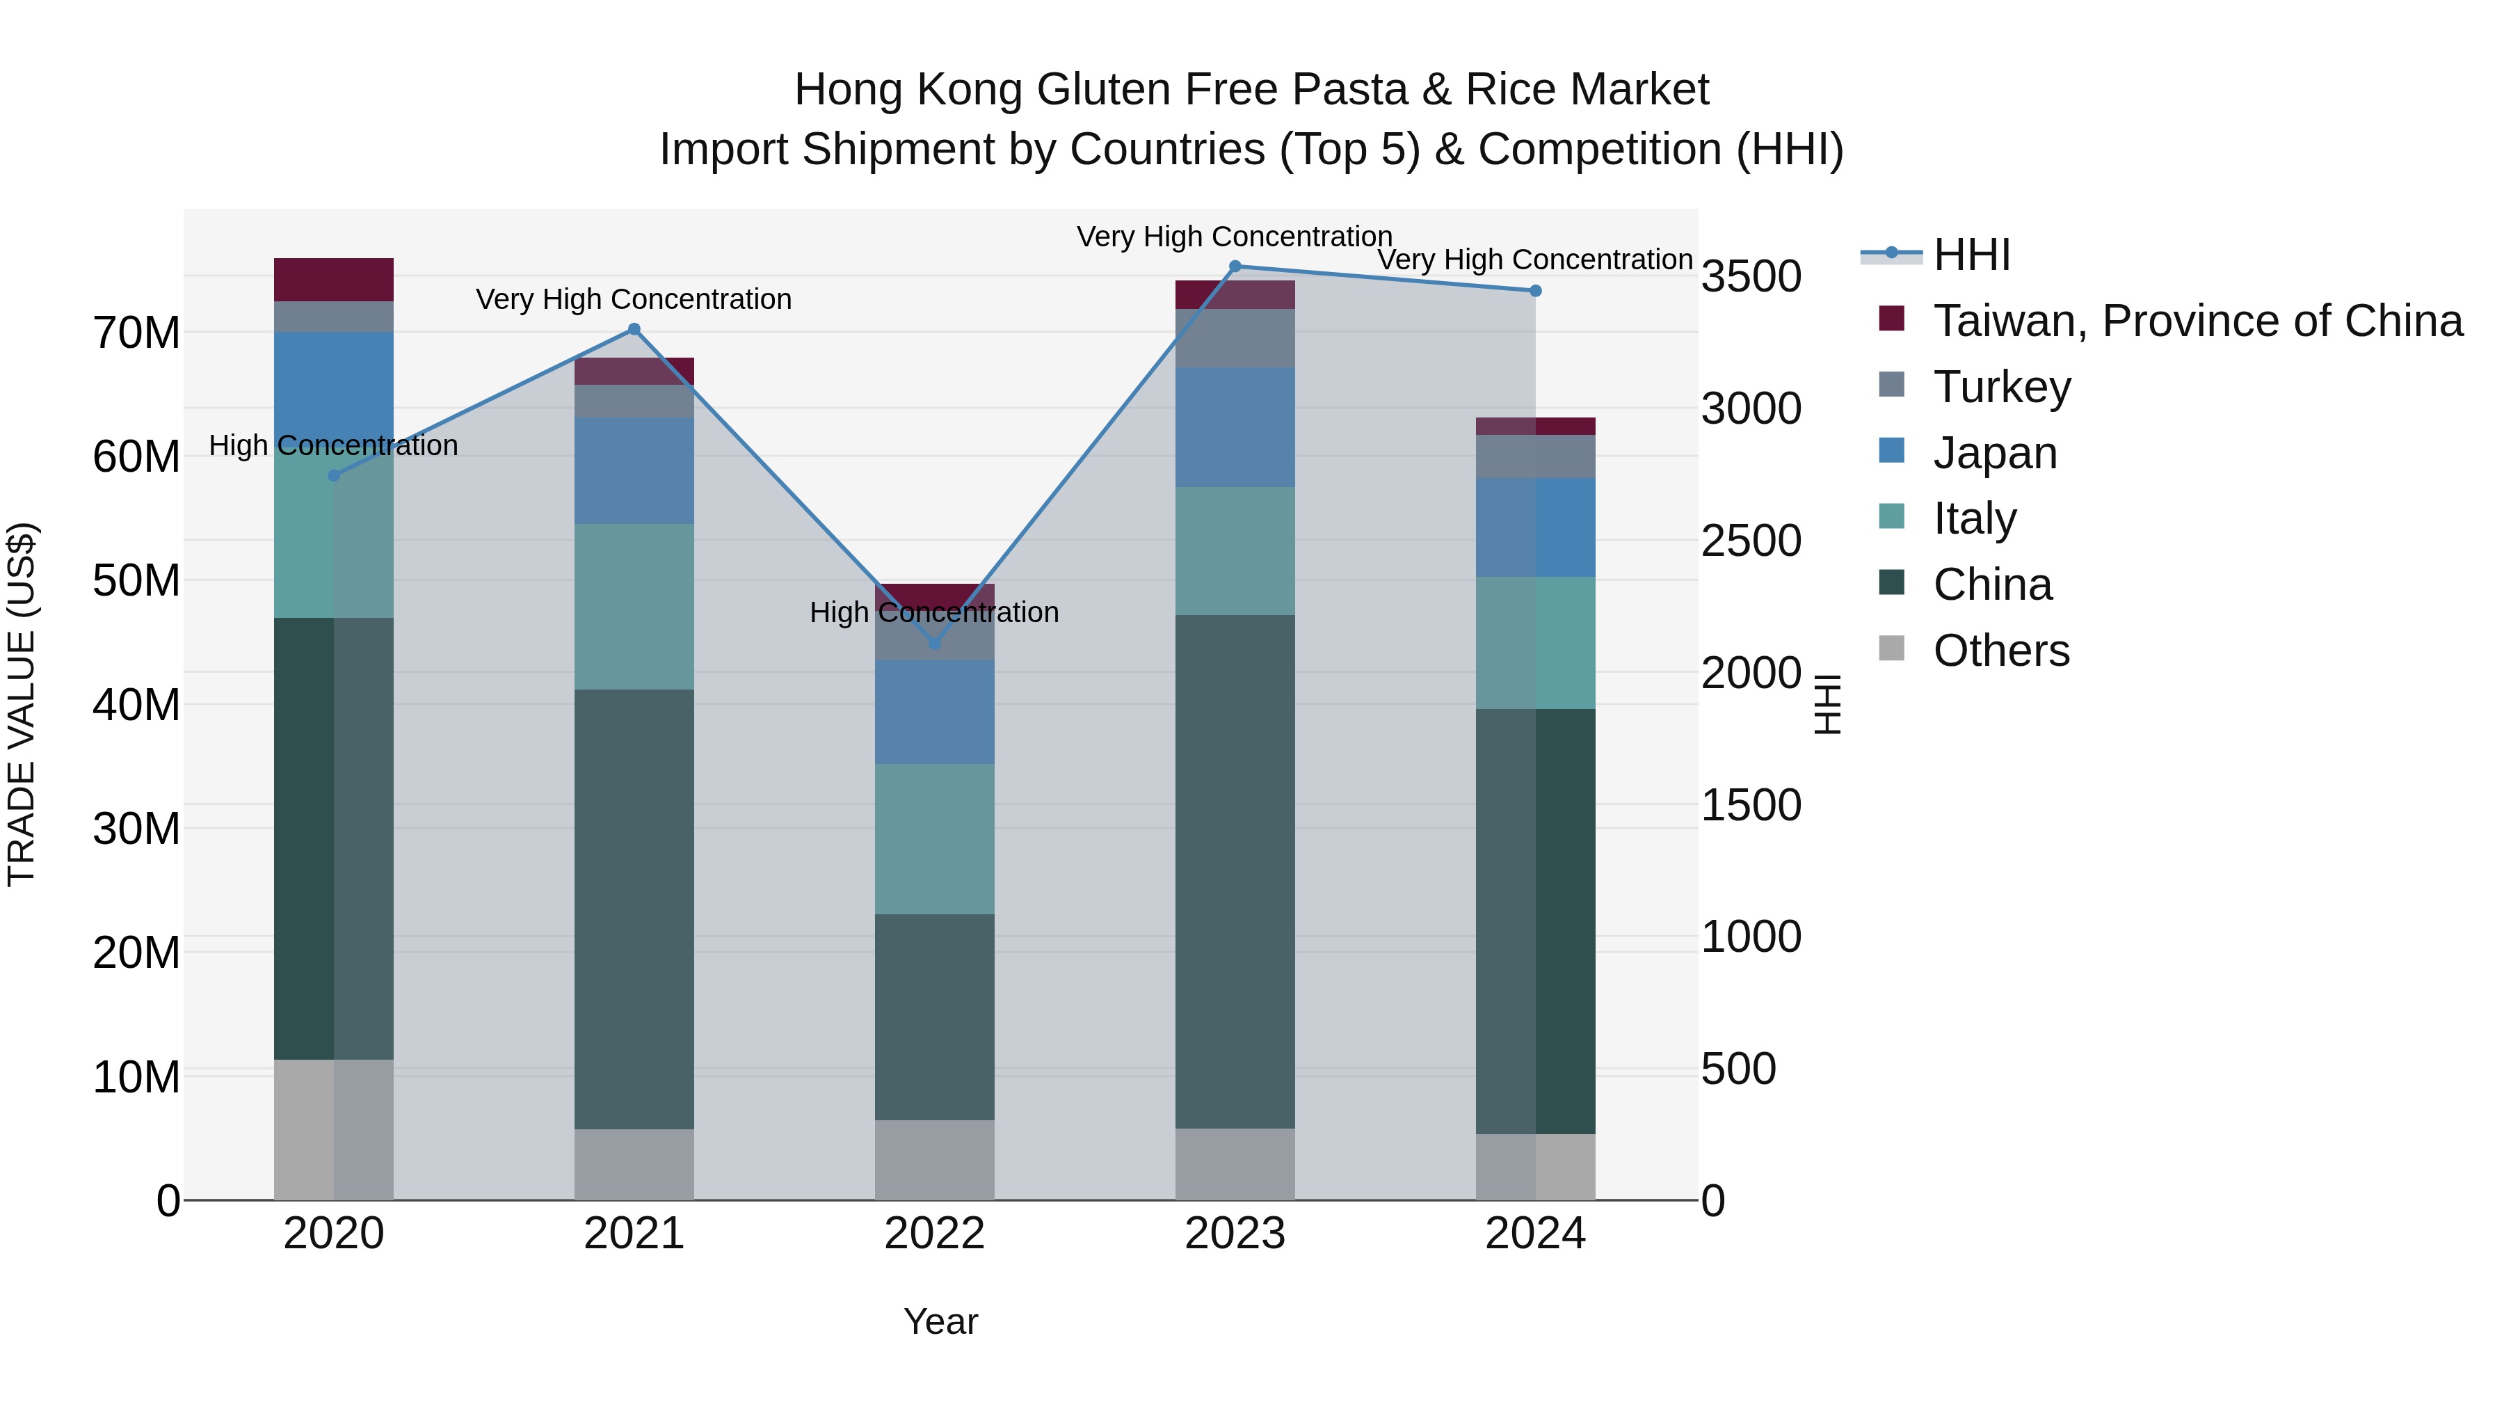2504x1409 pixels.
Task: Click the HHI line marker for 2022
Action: point(934,644)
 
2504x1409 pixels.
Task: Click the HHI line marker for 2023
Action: point(1235,266)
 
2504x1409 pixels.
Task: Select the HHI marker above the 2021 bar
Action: point(634,330)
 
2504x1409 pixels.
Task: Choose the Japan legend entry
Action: point(1995,453)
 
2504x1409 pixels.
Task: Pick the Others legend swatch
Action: point(1892,648)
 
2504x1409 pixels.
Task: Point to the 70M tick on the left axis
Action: point(136,333)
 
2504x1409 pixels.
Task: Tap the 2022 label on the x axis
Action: point(934,1234)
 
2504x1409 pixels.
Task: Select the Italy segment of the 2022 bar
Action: point(934,838)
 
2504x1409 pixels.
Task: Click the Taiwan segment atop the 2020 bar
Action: point(333,280)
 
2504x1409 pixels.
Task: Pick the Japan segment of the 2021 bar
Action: point(634,470)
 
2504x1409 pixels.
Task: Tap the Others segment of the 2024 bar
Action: point(1535,1166)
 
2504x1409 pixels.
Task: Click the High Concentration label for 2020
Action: point(333,445)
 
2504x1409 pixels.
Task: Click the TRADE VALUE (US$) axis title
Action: point(22,704)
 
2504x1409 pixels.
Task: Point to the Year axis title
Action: point(940,1321)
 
